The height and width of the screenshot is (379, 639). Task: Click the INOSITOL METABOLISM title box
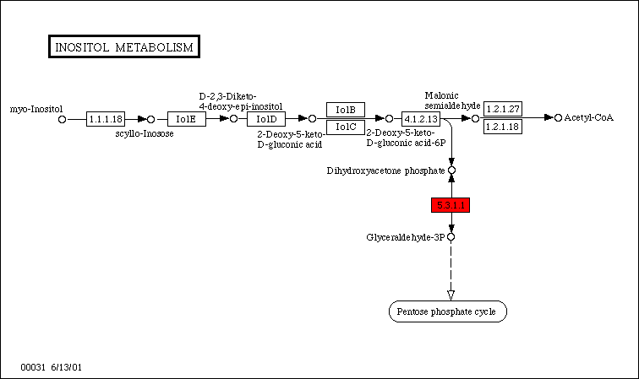point(123,47)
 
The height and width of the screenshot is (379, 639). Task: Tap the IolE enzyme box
point(187,119)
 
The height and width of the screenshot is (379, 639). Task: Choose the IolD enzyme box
point(266,119)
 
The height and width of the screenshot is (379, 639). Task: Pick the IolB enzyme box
point(346,110)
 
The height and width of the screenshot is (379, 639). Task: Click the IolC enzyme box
point(346,127)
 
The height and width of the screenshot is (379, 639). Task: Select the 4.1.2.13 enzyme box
point(421,119)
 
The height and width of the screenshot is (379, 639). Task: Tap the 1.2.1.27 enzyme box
point(503,109)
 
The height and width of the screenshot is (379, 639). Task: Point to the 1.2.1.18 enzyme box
point(503,127)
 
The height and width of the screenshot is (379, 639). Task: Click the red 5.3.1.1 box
point(451,205)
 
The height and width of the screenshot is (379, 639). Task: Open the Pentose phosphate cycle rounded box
point(448,311)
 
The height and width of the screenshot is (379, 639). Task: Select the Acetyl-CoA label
point(588,117)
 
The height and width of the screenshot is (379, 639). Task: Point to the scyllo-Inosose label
point(145,133)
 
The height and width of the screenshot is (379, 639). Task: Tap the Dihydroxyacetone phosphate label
point(385,171)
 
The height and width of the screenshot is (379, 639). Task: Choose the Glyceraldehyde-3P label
point(405,237)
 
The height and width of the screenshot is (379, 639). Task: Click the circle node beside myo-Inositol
point(62,120)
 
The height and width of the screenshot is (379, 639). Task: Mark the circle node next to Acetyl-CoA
point(558,117)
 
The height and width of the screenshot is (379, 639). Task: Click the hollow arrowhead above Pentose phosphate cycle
point(451,294)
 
